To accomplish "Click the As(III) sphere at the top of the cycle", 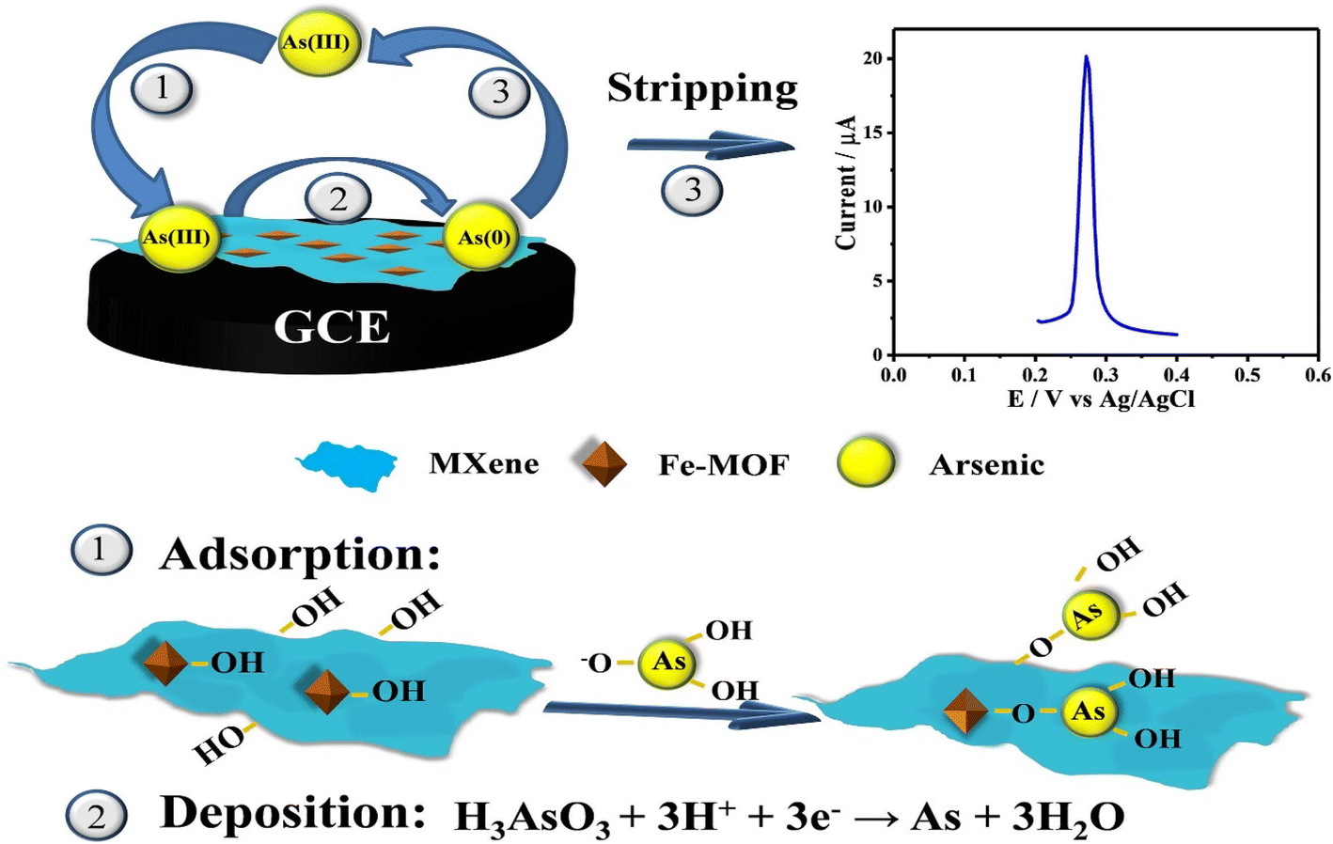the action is (x=320, y=42).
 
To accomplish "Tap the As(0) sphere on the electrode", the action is (x=483, y=238).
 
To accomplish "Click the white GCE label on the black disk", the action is (x=332, y=327).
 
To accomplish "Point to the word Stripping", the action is (x=702, y=89).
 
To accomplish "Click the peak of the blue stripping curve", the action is (x=1087, y=56).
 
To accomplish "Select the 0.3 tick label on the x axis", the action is (x=1106, y=375).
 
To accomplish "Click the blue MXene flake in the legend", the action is (x=348, y=466).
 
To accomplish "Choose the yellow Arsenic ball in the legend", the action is (x=866, y=464).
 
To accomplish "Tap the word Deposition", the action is (x=292, y=813).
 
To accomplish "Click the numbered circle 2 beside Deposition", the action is (x=97, y=816).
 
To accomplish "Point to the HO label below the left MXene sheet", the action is (x=220, y=745).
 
